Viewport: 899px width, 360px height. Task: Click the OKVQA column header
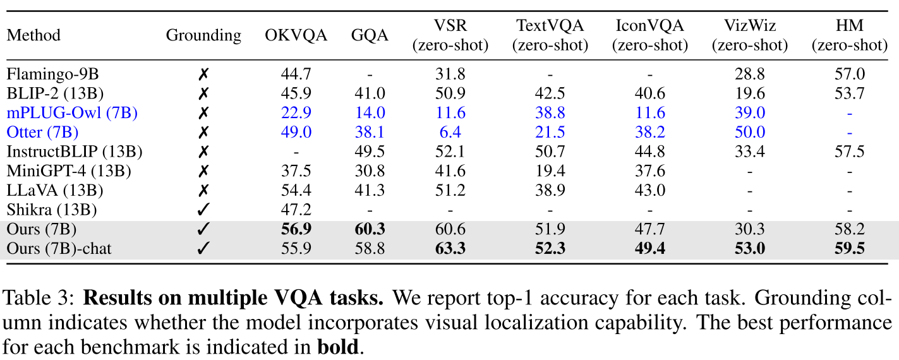296,35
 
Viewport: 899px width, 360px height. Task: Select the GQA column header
370,35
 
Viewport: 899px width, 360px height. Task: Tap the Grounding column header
203,35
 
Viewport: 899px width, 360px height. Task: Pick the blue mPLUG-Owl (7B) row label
72,113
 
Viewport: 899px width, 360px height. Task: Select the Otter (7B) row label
42,133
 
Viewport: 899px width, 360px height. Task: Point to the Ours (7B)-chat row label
59,249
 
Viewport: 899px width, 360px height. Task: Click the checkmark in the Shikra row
203,210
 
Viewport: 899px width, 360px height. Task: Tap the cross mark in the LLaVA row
203,190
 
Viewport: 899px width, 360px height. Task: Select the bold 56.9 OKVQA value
296,229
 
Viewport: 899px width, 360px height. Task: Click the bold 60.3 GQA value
370,229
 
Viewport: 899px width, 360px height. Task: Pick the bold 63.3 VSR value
450,249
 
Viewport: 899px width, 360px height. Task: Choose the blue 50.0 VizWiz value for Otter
751,133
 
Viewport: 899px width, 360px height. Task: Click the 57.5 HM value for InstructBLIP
849,152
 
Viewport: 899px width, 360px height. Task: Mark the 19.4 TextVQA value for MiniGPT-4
550,171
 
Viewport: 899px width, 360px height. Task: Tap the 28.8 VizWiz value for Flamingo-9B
751,75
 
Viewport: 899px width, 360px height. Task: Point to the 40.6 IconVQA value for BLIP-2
649,93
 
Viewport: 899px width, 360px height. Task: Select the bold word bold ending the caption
337,347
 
